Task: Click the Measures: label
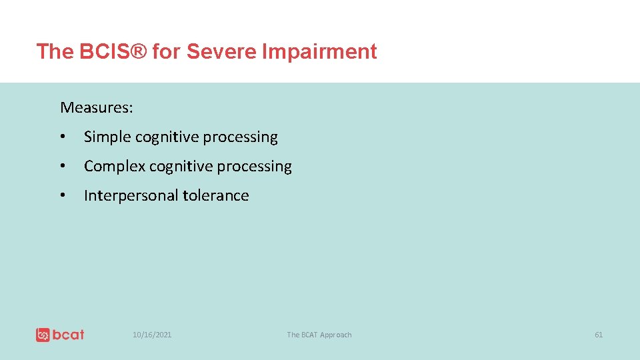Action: (x=96, y=107)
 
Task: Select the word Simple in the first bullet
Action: (x=107, y=137)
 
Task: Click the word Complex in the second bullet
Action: (x=114, y=167)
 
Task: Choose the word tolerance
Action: (x=216, y=196)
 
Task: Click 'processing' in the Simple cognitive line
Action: (x=240, y=137)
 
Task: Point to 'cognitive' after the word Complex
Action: (x=181, y=167)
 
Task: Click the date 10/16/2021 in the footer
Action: (x=151, y=335)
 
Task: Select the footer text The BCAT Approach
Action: (x=319, y=335)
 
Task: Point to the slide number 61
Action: (x=598, y=335)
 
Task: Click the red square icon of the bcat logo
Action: (x=43, y=335)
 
